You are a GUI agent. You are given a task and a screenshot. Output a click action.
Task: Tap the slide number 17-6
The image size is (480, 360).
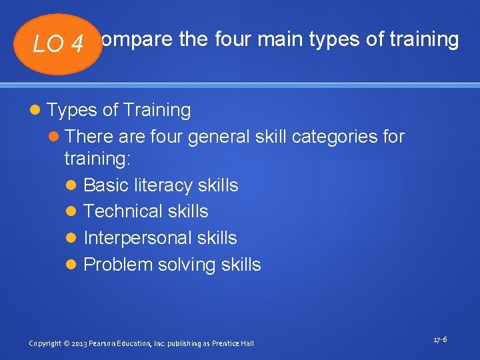point(440,340)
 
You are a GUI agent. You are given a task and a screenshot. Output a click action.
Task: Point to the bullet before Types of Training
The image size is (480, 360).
point(36,110)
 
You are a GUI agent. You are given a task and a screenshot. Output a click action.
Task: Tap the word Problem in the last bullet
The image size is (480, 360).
point(118,265)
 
